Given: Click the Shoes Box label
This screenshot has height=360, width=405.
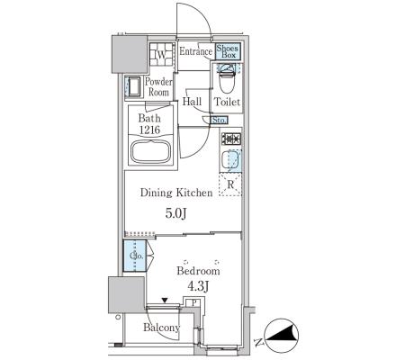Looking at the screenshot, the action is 227,51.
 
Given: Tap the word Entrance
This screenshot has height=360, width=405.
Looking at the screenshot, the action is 195,51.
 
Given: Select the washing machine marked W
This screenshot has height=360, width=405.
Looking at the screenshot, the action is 162,55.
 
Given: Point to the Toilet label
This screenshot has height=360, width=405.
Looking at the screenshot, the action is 227,102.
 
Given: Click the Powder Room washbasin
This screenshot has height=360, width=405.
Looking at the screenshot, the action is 134,86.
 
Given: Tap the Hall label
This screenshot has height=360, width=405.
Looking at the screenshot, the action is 192,102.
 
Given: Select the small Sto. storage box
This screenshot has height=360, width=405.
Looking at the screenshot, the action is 219,121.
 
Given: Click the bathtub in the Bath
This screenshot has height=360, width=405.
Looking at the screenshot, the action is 151,151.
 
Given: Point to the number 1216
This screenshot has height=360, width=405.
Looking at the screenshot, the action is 149,130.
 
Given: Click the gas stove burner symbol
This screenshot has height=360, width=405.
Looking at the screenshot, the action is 231,139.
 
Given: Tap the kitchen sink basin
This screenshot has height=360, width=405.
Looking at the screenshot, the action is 230,159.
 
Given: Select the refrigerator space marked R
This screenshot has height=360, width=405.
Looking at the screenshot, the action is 230,184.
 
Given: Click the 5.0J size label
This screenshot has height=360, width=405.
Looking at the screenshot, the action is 176,213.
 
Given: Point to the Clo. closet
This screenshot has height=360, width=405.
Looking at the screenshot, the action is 135,256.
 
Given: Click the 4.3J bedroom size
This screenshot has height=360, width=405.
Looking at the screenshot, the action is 198,287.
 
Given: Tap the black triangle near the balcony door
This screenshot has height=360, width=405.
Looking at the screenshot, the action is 165,300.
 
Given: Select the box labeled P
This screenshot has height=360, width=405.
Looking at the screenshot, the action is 194,302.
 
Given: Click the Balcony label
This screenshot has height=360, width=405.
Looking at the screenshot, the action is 161,328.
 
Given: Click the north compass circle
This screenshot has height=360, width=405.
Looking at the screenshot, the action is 282,336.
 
